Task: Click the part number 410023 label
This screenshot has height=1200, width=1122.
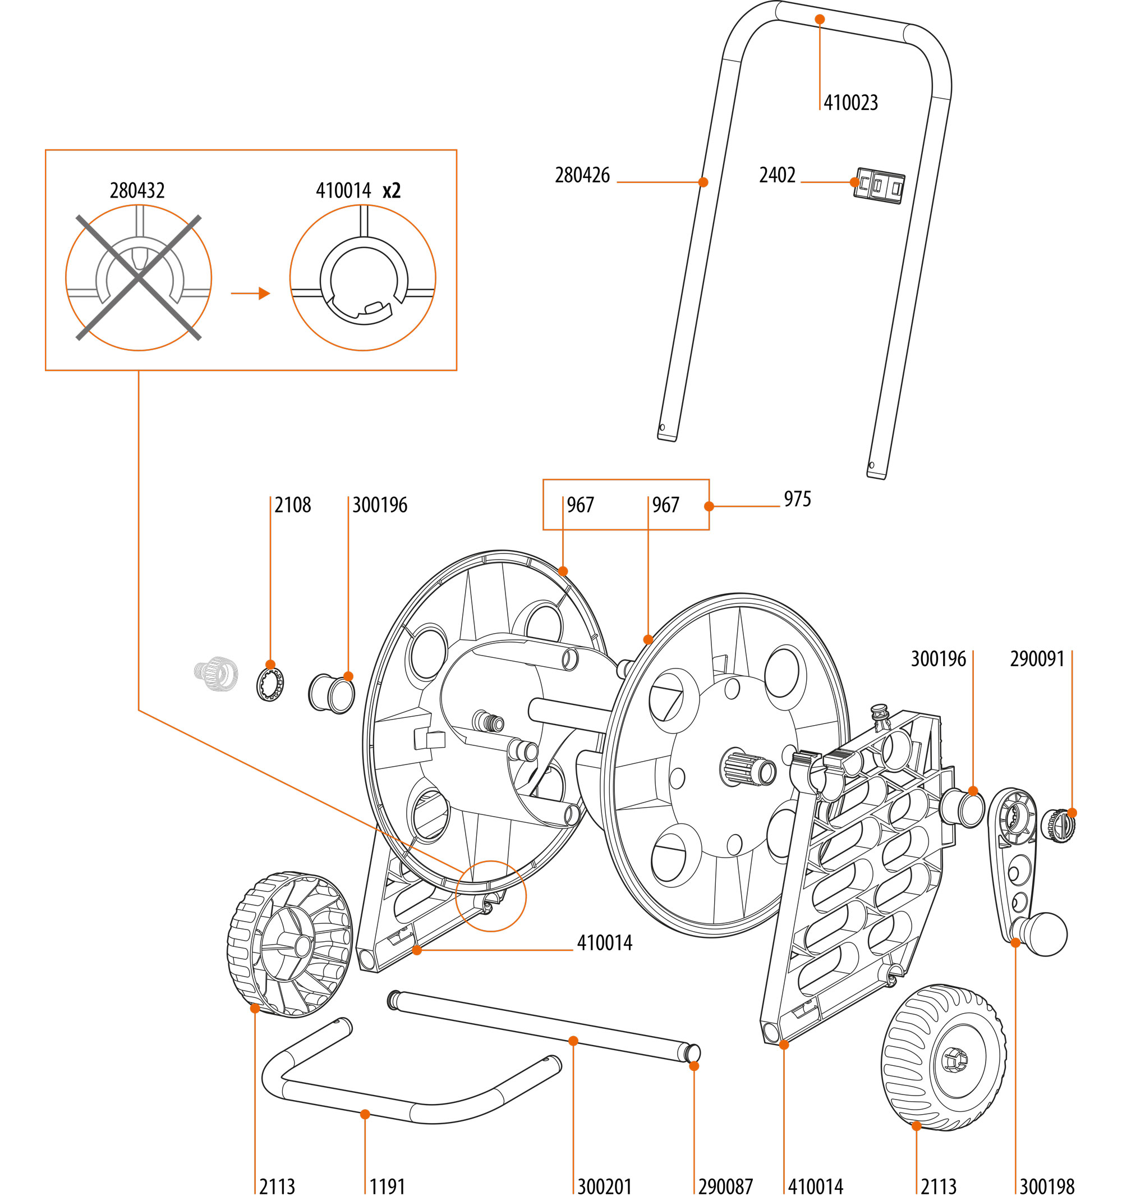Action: pos(850,103)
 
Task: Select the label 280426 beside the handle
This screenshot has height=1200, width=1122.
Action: pos(582,175)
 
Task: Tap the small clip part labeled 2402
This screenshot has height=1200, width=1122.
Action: pos(880,185)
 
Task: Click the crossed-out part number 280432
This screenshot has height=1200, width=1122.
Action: pos(137,191)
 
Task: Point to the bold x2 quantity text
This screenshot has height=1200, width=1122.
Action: pos(392,191)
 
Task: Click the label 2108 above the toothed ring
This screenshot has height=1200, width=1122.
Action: pos(293,505)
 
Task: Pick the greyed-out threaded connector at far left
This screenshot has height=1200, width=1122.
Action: pos(216,673)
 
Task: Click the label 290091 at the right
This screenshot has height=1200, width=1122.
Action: pos(1037,658)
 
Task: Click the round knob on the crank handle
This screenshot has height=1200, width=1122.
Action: pos(1047,935)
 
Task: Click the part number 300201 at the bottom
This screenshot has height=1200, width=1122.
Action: pos(604,1187)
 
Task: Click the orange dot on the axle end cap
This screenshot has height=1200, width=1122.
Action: pos(694,1066)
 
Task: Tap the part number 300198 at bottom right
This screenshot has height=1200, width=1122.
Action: pos(1047,1187)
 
